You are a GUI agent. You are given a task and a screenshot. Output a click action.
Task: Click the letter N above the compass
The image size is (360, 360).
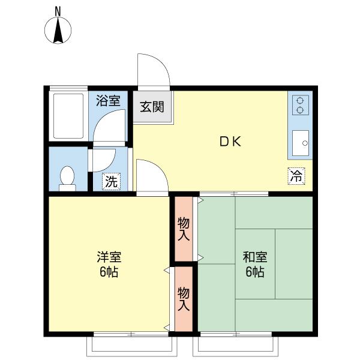pos(58,11)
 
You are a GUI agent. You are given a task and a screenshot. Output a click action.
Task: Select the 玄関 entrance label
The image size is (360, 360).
pos(152,107)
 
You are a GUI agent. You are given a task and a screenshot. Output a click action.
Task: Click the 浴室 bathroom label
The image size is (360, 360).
pos(108,101)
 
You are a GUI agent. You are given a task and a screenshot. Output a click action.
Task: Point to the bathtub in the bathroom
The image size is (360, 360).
pos(68,116)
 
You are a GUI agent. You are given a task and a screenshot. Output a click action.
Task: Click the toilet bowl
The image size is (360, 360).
pos(67,177)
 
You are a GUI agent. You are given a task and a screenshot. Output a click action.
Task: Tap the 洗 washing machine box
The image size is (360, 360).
pos(112,181)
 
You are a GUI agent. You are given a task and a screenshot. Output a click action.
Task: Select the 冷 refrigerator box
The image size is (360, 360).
pos(296,176)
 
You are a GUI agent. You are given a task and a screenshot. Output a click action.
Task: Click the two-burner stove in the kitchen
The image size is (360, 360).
pos(301,105)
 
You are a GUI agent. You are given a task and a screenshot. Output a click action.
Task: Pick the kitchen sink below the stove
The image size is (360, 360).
pos(301,143)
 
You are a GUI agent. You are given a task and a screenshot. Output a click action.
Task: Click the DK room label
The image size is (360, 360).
pos(230,142)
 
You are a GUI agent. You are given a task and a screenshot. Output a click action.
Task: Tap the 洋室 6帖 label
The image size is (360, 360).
pos(109,264)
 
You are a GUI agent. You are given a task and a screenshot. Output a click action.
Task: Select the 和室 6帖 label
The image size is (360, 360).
pos(255,264)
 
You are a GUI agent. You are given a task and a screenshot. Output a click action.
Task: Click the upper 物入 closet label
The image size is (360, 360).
pos(184,229)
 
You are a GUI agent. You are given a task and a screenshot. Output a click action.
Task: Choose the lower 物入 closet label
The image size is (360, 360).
pos(184,299)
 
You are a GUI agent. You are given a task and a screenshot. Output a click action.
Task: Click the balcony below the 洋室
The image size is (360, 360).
pos(132,346)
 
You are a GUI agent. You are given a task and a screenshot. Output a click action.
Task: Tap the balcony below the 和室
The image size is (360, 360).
pos(235,346)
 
